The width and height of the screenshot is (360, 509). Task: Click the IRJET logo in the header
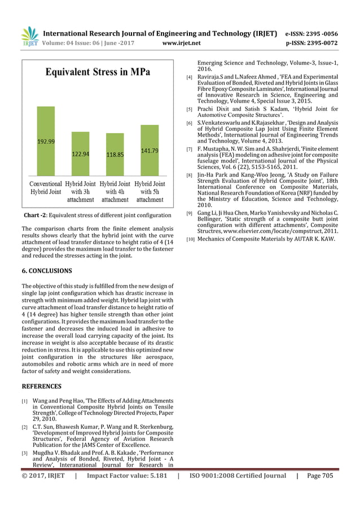[x=29, y=36]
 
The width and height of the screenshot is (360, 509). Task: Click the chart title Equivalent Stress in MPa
[x=98, y=73]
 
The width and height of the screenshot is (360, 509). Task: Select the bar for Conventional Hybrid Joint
[x=46, y=142]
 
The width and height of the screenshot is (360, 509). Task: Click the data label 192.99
[x=46, y=142]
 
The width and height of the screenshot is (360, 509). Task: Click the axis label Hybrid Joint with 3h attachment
[x=80, y=192]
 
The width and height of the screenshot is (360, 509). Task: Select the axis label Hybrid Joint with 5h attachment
[x=150, y=192]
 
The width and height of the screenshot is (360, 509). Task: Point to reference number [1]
[x=24, y=401]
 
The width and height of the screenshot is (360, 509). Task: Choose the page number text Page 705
[x=319, y=476]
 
